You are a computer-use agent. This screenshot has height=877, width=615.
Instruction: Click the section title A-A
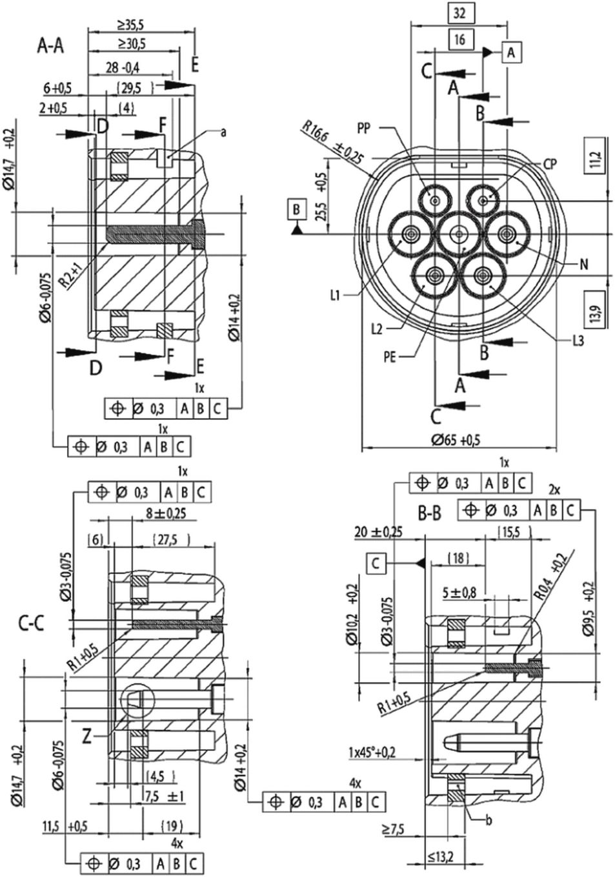50,46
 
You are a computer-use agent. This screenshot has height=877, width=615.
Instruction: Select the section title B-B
430,513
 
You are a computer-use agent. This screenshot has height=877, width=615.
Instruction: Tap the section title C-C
31,623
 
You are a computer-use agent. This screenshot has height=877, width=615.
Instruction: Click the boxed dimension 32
459,14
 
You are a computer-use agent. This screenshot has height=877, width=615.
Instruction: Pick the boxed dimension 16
460,39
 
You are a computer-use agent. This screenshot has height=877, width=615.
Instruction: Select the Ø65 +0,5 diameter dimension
456,440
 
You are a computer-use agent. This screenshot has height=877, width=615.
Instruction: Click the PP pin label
363,129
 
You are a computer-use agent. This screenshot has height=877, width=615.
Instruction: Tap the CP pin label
550,165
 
